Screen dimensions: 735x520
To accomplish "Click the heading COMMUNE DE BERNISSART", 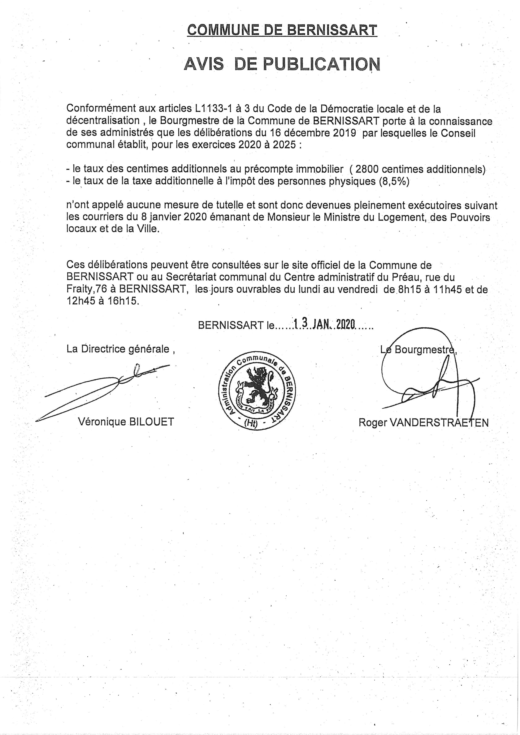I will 282,30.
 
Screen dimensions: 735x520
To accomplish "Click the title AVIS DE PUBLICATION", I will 282,64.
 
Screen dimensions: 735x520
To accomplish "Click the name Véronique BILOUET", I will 126,422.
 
